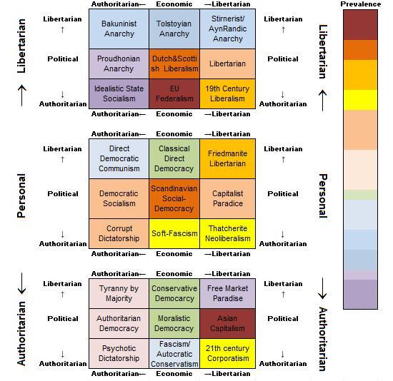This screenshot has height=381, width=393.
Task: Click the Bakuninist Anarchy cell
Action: point(119,29)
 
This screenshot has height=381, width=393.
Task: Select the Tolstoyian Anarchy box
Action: point(174,29)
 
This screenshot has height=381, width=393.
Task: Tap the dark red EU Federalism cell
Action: point(174,93)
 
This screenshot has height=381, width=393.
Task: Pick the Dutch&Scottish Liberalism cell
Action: point(174,63)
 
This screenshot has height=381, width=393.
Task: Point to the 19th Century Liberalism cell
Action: point(227,93)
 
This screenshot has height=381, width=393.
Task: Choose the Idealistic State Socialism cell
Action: point(119,93)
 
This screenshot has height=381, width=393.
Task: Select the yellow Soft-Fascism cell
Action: point(174,233)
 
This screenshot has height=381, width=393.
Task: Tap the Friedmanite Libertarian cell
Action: point(227,158)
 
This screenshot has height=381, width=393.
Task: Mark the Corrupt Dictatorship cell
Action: point(119,233)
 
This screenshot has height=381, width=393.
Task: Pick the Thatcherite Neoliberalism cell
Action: point(227,233)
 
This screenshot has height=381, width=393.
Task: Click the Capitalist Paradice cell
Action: point(227,198)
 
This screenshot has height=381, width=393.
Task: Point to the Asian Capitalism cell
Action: point(227,323)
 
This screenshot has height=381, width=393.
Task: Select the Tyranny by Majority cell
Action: point(119,293)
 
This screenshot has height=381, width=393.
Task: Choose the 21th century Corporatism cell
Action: point(227,353)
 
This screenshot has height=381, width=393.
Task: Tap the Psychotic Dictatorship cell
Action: point(119,353)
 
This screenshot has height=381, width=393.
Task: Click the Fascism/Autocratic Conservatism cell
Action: point(174,353)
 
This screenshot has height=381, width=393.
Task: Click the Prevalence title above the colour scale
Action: point(361,4)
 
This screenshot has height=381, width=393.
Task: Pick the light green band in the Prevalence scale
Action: point(361,195)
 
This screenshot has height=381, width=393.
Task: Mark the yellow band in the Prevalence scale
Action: point(361,100)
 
